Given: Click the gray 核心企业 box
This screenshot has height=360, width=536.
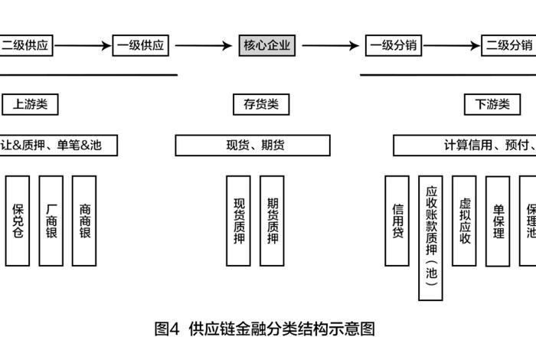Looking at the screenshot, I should click(x=266, y=45).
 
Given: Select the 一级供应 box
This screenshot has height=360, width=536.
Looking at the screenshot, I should click(x=140, y=45).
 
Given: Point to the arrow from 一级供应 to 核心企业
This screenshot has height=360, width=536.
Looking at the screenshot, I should click(x=200, y=45).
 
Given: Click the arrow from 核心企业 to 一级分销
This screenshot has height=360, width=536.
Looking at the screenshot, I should click(x=331, y=45).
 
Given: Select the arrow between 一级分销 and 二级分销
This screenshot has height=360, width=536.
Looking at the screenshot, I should click(x=452, y=45).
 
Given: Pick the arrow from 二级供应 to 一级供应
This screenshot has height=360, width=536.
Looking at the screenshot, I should click(x=83, y=45).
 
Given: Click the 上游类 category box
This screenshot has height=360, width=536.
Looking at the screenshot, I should click(x=30, y=104).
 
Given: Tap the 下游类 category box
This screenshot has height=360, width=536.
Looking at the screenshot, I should click(x=492, y=104).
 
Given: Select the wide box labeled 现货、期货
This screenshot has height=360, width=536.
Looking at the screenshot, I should click(x=253, y=145).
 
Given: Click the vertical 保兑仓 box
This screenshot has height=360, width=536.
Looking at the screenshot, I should click(x=18, y=221).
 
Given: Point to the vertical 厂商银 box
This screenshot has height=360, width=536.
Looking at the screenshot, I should click(x=51, y=221).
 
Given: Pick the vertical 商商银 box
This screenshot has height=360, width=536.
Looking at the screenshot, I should click(x=84, y=221).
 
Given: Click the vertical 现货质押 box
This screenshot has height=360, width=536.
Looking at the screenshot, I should click(x=238, y=221).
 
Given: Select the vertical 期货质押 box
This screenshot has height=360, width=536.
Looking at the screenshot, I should click(x=272, y=221).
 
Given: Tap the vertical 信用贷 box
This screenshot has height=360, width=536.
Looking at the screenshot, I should click(x=397, y=221).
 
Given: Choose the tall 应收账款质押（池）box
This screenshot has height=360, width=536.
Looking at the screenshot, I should click(x=431, y=237).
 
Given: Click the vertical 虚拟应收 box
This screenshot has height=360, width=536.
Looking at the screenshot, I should click(x=464, y=221).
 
